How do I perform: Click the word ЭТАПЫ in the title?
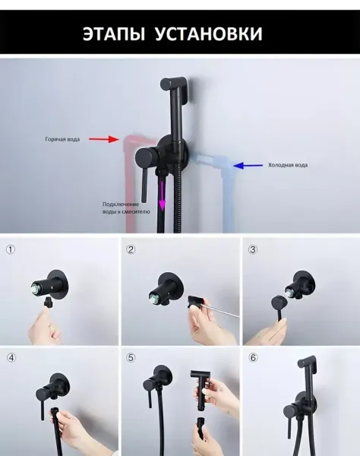click(114, 33)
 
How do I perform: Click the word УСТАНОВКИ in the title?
click(209, 33)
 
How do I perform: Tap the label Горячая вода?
click(62, 139)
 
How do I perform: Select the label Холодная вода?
click(288, 165)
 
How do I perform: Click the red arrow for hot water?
click(103, 139)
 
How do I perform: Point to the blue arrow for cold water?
click(248, 166)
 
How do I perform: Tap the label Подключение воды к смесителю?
click(126, 208)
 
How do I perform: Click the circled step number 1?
click(11, 249)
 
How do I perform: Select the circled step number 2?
click(131, 249)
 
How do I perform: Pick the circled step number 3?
click(253, 249)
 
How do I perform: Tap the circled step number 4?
click(11, 358)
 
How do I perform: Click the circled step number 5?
click(131, 358)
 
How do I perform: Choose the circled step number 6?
click(253, 358)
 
